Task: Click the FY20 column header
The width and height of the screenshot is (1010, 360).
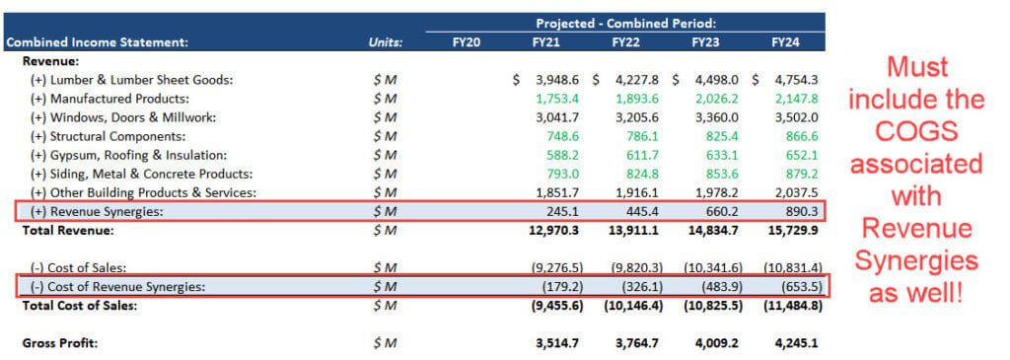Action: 466,42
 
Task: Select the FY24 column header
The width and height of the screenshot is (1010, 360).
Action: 786,42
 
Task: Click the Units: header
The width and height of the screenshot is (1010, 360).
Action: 387,42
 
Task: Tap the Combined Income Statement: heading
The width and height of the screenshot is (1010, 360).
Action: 96,42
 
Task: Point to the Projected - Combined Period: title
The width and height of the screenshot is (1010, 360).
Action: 625,23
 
